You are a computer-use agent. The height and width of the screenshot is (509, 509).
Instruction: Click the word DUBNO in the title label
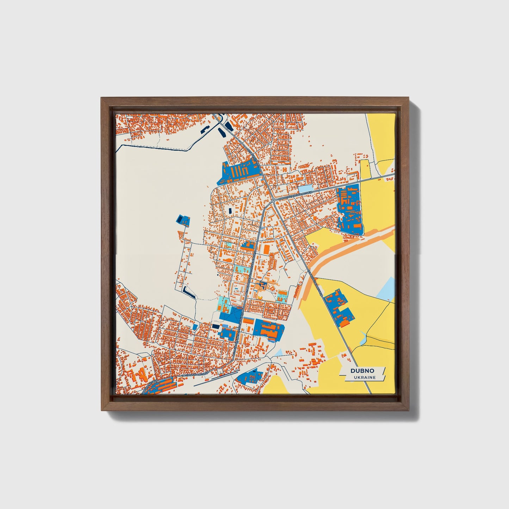tap(362, 371)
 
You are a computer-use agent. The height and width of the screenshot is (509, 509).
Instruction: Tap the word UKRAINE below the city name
tap(365, 377)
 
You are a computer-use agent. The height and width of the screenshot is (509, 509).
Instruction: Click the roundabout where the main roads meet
tap(273, 200)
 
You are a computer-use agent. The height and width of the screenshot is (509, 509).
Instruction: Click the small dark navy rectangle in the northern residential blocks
tap(230, 211)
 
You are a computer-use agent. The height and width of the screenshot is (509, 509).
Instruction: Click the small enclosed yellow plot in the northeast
tap(365, 168)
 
